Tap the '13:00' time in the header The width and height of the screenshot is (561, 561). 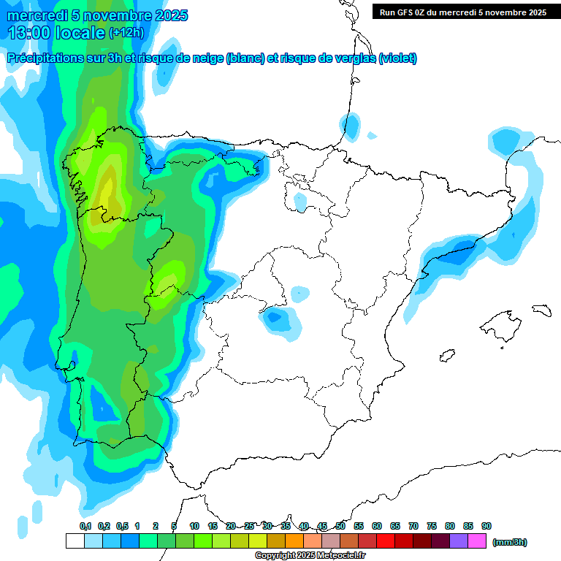pos(29,33)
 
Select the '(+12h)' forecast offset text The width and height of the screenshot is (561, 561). pos(126,33)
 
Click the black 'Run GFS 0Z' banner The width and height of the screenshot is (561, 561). pos(462,12)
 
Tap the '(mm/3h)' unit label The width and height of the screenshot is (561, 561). pos(509,542)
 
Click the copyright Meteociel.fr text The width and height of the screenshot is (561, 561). pos(310,556)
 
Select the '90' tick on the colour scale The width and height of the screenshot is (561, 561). pos(486,526)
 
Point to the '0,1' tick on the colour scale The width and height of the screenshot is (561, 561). pos(85,526)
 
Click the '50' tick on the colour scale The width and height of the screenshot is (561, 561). pos(340,526)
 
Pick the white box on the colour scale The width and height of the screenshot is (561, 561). pos(75,541)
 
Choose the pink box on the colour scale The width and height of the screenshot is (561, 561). pos(477,541)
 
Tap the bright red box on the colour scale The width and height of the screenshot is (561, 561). pos(386,541)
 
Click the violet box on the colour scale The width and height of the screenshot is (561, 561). pos(459,541)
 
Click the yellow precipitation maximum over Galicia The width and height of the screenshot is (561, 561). pos(107,191)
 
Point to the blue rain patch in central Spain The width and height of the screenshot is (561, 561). pos(278,319)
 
